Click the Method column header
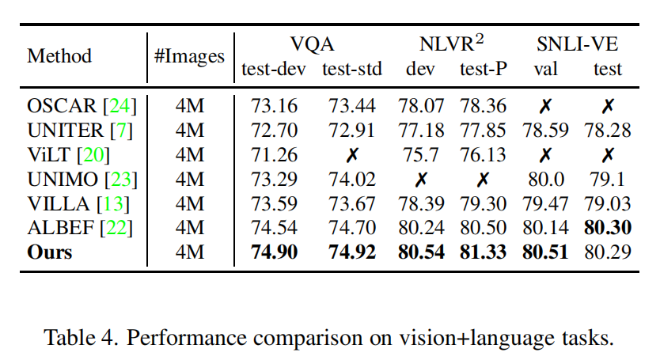(x=59, y=57)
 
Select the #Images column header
(x=189, y=57)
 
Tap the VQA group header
(x=313, y=44)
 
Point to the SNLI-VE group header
(x=574, y=44)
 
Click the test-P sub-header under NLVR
(x=483, y=69)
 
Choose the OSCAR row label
(x=61, y=106)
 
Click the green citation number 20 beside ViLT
(x=94, y=154)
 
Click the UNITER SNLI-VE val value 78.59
(x=545, y=131)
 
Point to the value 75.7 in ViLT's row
(x=420, y=154)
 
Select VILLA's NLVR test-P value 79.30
(x=483, y=203)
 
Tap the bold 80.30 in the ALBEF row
(x=608, y=228)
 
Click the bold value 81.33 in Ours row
(x=483, y=252)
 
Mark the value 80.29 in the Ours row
(x=608, y=252)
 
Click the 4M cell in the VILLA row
(x=189, y=203)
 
